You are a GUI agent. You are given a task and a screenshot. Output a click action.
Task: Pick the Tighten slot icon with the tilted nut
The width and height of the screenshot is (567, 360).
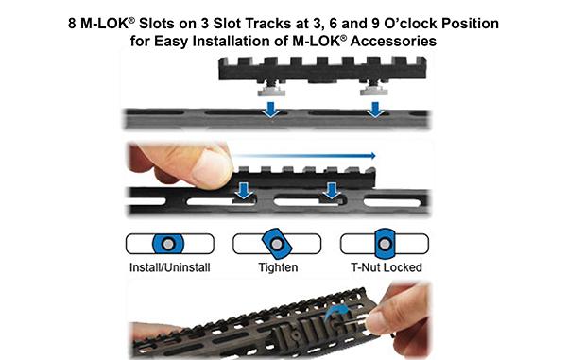pos(274,244)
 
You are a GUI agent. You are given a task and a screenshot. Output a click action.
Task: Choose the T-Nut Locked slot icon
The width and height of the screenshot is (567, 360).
pos(383,244)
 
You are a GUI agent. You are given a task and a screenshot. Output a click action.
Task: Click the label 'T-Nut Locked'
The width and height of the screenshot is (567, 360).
pos(383,268)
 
